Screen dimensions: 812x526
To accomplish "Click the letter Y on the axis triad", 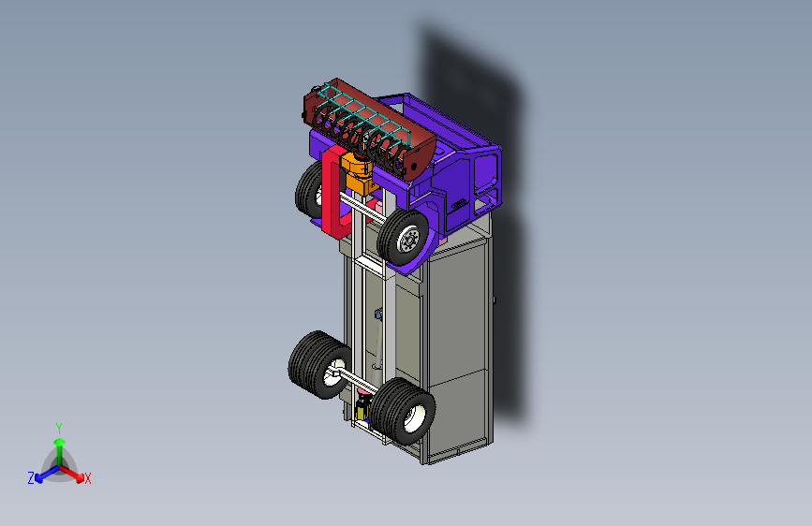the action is [x=59, y=429].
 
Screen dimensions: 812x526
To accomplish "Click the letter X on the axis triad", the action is [x=87, y=478].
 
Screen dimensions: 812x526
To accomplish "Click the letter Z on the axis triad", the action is [x=31, y=478].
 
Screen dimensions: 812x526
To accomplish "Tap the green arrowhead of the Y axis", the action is [x=60, y=443].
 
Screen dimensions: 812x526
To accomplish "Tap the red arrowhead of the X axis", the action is [x=80, y=478].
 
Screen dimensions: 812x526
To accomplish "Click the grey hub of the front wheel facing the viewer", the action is [x=409, y=240].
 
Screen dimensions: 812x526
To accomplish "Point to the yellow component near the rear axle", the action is [x=362, y=410].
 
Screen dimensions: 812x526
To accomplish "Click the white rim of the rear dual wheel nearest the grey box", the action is [x=414, y=417].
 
